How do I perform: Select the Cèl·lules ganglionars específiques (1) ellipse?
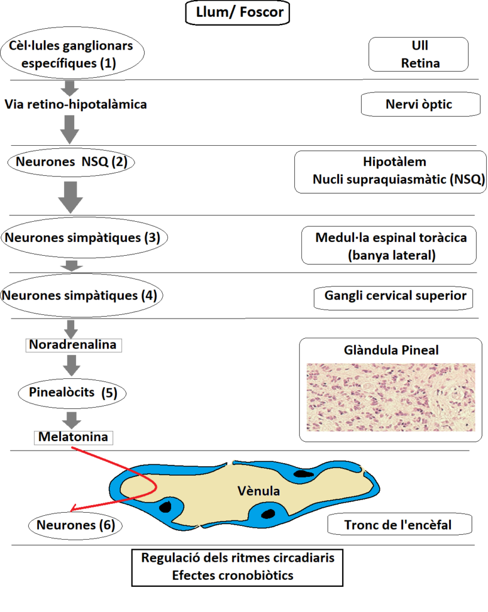tap(72, 53)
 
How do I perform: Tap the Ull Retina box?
tap(419, 54)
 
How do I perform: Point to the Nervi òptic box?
tap(420, 104)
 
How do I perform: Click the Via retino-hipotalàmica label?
tap(76, 104)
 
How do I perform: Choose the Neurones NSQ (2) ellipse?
tap(71, 162)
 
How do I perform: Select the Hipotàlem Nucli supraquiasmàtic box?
tap(391, 172)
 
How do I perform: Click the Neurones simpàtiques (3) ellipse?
tap(84, 237)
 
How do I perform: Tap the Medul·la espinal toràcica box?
tap(389, 246)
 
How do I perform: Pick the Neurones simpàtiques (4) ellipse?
tap(81, 295)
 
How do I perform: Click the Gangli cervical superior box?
tap(394, 299)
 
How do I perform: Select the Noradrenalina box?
tap(74, 345)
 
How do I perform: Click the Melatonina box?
tap(74, 437)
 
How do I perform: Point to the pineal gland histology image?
tap(391, 397)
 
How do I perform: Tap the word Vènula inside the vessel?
tap(258, 491)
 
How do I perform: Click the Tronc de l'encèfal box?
tap(399, 525)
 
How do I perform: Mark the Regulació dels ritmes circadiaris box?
tap(237, 568)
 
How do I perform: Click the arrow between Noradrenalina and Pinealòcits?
tap(71, 365)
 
